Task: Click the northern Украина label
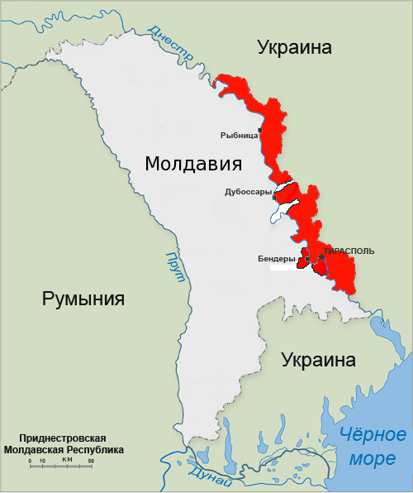coord(294,47)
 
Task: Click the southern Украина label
coord(318,361)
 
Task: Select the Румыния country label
coord(83,298)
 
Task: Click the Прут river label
coord(175,266)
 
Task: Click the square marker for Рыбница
coord(260,131)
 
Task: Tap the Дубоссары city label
coord(248,192)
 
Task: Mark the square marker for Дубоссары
coord(274,198)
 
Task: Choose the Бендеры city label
coord(276,259)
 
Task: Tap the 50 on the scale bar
coord(91,460)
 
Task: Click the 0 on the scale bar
coord(30,460)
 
